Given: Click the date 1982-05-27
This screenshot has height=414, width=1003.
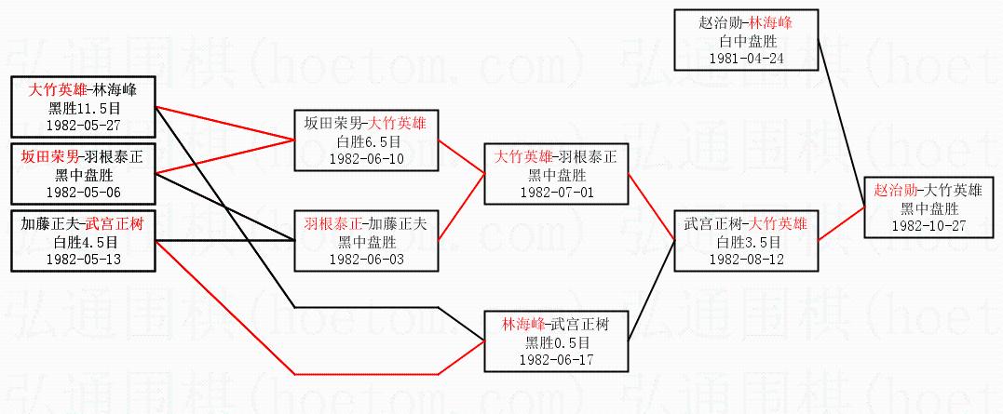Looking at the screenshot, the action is click(83, 124).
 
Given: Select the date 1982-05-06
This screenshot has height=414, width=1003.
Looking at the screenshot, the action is click(83, 192).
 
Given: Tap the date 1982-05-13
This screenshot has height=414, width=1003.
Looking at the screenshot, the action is click(83, 259).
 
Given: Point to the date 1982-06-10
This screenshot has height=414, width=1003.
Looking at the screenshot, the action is click(367, 158).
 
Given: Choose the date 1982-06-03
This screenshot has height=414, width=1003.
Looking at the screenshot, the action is click(367, 259).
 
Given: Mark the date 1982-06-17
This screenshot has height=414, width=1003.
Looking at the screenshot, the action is click(556, 359).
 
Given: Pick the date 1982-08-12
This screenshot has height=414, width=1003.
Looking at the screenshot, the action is click(747, 259).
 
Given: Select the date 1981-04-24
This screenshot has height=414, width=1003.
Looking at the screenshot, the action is click(747, 57).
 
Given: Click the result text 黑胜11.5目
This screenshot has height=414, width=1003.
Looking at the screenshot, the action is click(83, 107).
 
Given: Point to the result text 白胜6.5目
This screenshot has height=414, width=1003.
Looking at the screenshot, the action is click(367, 141).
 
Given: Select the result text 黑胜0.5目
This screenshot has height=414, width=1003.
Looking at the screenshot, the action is click(556, 342).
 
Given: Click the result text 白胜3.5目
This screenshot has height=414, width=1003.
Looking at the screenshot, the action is click(747, 242).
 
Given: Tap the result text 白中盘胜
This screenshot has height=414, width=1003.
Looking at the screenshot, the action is click(747, 40).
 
